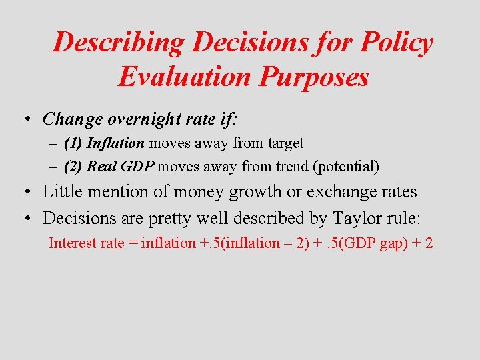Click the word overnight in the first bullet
(137, 119)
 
